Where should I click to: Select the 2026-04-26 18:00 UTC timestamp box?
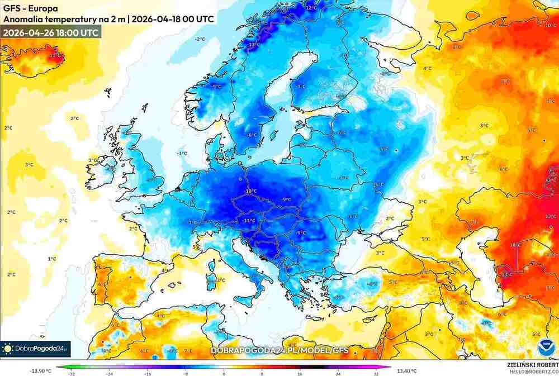(51, 32)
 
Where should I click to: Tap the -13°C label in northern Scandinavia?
(254, 45)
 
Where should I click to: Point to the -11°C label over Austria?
(249, 221)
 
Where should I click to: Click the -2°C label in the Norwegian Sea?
(200, 39)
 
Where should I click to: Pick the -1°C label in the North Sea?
(182, 153)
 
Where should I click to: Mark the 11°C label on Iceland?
(55, 56)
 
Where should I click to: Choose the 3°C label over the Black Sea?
(380, 253)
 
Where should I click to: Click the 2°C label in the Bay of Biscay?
(133, 229)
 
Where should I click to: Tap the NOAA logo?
(544, 348)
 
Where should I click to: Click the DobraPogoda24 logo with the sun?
(35, 349)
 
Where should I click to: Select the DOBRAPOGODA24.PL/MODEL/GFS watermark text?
(279, 350)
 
